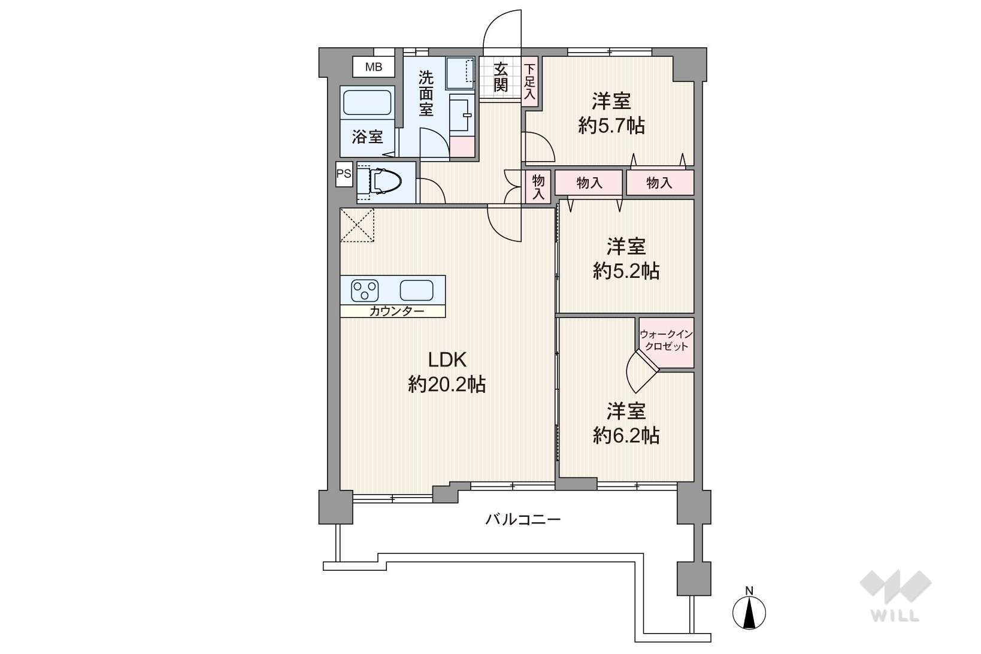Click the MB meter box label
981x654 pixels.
click(x=374, y=67)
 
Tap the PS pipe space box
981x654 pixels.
click(x=344, y=174)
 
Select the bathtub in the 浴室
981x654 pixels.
click(x=367, y=102)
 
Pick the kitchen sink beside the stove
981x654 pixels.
click(x=416, y=290)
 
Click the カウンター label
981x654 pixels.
click(x=397, y=311)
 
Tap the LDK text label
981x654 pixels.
click(x=447, y=360)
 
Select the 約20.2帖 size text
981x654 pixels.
click(x=447, y=384)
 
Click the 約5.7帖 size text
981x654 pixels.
click(x=611, y=126)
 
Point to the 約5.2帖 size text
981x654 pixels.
click(x=626, y=271)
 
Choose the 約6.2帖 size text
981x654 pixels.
click(x=626, y=435)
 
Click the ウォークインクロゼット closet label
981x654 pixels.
click(x=666, y=340)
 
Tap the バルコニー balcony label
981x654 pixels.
click(x=523, y=520)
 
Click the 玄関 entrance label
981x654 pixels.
click(x=501, y=77)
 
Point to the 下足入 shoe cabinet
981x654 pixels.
click(x=530, y=81)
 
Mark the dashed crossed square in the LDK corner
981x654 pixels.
click(x=358, y=225)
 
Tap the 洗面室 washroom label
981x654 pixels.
click(x=426, y=93)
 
